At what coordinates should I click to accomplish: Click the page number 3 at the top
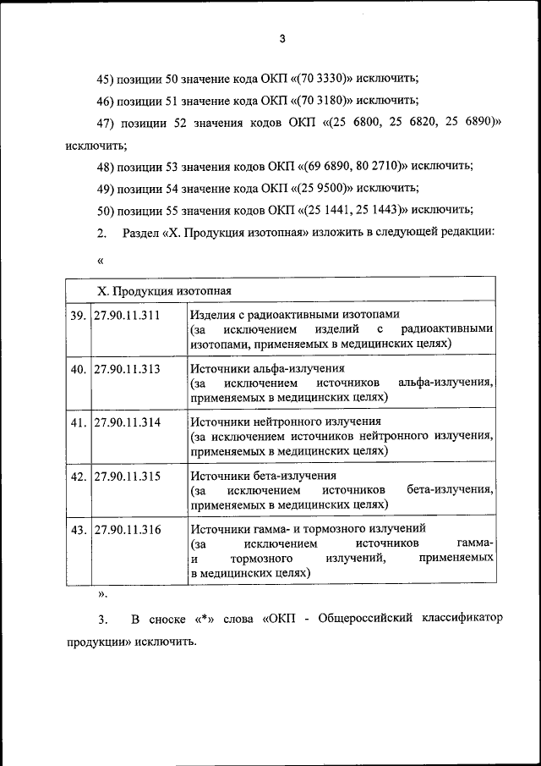(x=283, y=37)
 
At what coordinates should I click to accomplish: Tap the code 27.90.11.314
(x=127, y=422)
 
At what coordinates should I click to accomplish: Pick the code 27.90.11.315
(x=127, y=476)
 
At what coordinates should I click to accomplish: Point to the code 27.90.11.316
(x=127, y=529)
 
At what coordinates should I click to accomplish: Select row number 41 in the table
(x=78, y=422)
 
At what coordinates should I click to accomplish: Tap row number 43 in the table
(x=78, y=529)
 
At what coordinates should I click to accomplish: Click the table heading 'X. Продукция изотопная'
(x=163, y=290)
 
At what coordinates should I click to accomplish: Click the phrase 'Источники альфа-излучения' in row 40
(x=267, y=369)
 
